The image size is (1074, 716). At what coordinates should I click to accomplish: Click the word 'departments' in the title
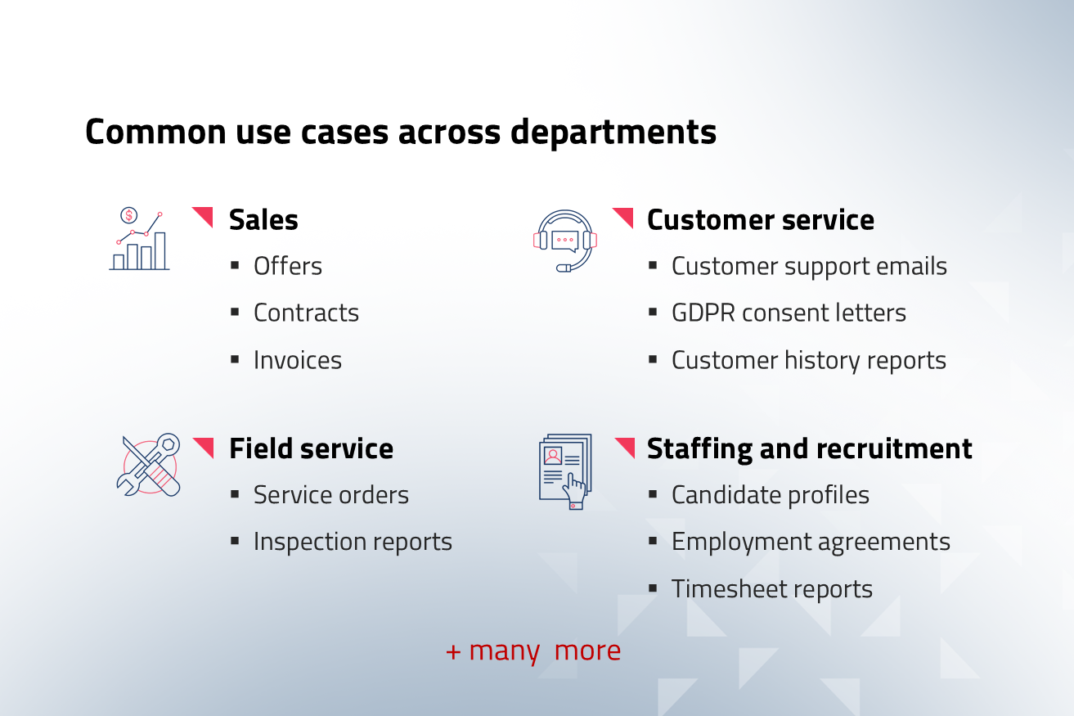[x=613, y=133]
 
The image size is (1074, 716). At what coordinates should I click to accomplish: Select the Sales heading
[x=263, y=220]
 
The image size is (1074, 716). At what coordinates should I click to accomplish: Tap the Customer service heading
[x=761, y=220]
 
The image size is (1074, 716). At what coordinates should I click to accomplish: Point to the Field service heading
[x=311, y=449]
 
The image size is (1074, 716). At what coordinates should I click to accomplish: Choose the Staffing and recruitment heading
[x=809, y=450]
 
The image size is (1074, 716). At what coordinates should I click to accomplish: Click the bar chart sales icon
[x=140, y=239]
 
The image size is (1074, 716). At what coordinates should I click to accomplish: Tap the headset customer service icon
[x=565, y=241]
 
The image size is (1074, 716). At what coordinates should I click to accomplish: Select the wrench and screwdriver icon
[x=149, y=465]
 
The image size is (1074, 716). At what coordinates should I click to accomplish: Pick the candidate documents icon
[x=565, y=472]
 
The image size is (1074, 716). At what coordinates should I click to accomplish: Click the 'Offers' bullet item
[x=288, y=266]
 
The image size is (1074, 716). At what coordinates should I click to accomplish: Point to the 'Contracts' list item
[x=306, y=313]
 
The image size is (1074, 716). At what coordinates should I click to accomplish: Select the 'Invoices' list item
[x=297, y=360]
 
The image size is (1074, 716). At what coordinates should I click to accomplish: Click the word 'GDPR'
[x=703, y=313]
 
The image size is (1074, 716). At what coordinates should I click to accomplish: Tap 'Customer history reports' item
[x=809, y=361]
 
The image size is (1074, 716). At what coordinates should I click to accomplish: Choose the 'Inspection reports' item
[x=353, y=543]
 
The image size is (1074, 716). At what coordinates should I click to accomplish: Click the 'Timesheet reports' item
[x=772, y=589]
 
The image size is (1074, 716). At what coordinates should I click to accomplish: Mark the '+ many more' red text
[x=533, y=651]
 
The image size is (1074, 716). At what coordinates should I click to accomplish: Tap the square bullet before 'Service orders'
[x=235, y=494]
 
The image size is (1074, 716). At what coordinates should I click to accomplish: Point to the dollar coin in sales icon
[x=129, y=215]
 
